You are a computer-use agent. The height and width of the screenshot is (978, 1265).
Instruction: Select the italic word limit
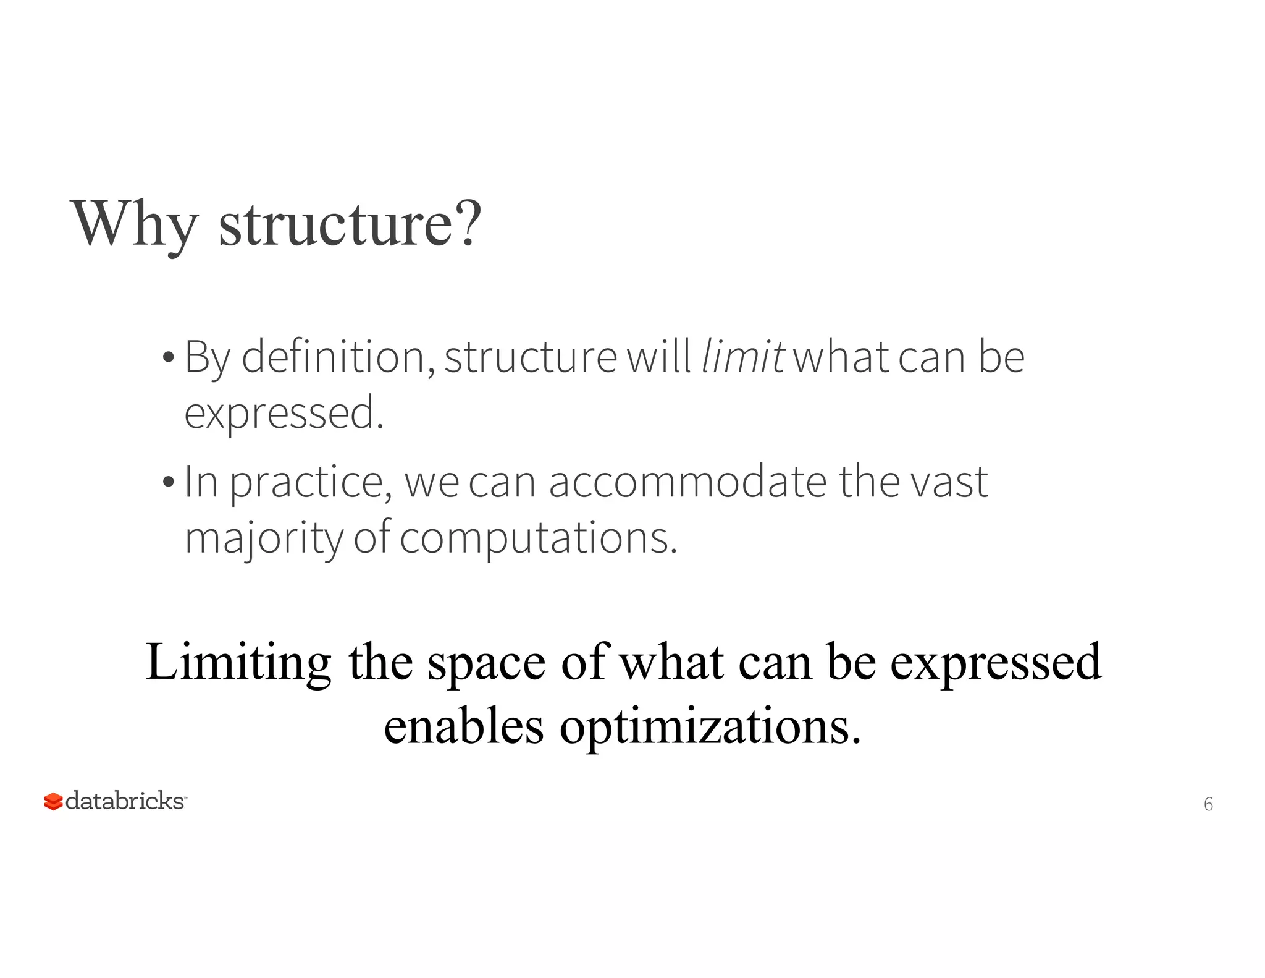coord(743,357)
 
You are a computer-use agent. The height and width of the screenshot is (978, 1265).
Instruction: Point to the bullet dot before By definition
coord(168,358)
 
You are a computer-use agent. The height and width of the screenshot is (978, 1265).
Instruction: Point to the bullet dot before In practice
coord(168,482)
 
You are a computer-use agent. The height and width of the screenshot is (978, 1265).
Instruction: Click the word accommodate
coord(687,482)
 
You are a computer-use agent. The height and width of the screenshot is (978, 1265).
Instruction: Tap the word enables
coord(464,726)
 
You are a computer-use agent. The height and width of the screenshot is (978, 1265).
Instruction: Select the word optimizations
coord(710,727)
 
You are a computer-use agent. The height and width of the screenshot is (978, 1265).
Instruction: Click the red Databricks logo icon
coord(53,802)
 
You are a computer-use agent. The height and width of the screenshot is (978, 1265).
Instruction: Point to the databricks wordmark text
coord(125,801)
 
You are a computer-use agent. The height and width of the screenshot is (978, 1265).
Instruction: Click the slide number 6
coord(1208,804)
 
